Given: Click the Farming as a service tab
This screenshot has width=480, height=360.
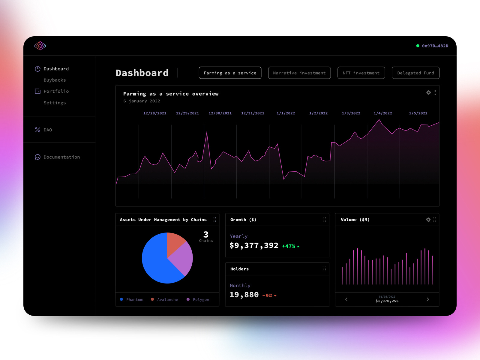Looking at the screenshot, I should coord(230,73).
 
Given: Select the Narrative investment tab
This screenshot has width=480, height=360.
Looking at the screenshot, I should coord(299,73).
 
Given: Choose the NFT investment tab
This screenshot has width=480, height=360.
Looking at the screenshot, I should coord(361,73).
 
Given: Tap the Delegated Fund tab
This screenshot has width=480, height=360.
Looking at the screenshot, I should coord(415,73).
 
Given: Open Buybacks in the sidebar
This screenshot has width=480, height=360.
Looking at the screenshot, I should coord(55,80).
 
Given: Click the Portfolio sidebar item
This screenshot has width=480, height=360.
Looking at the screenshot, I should coord(56,91).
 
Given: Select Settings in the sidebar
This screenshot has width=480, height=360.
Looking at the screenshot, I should coord(55,103).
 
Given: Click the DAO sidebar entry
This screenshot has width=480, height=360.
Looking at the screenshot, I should coord(48,130).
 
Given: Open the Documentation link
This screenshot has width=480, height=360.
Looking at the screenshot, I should coord(61,157).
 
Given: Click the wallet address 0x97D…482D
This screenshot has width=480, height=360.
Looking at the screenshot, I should coord(435,46).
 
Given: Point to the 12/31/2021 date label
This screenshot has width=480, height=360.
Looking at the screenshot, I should coord(253,113).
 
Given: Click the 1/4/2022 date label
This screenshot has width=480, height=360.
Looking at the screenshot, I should coord(383,113).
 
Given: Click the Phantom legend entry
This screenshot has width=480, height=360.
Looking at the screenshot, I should coord(134,299).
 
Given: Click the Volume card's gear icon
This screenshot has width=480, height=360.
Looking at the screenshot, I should coord(428,220).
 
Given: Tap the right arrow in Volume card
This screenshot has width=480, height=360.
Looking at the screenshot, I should coord(428,299).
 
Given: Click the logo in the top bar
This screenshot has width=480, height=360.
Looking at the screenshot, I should coord(40,46).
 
